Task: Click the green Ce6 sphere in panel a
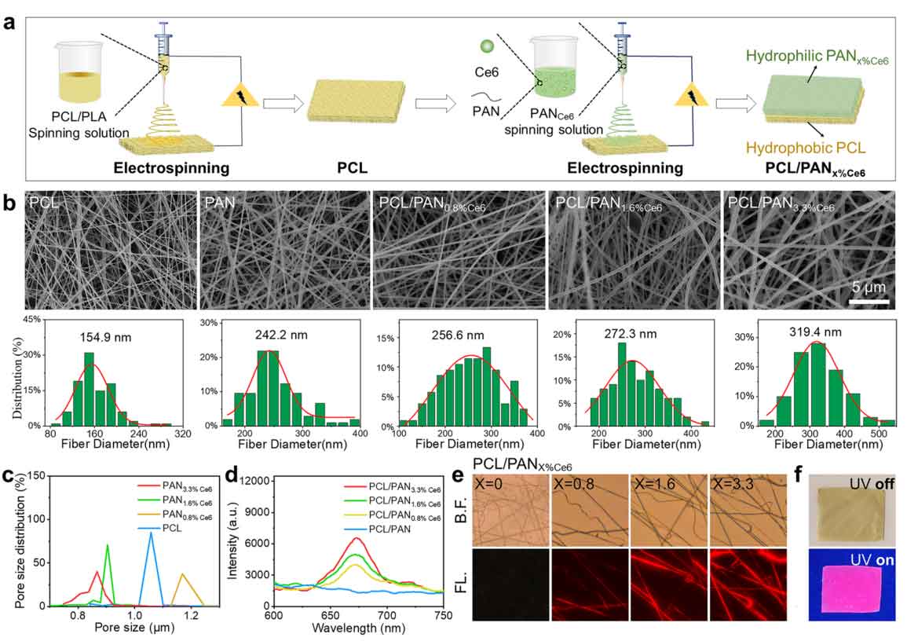[x=488, y=46]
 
